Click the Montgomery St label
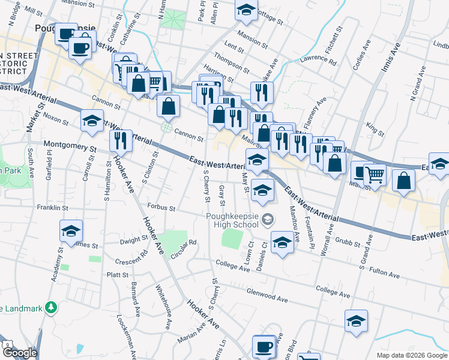click(70, 146)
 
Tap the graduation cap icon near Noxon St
click(92, 122)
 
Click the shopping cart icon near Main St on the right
click(375, 174)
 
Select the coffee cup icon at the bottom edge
click(264, 346)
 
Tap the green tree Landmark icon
click(52, 308)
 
